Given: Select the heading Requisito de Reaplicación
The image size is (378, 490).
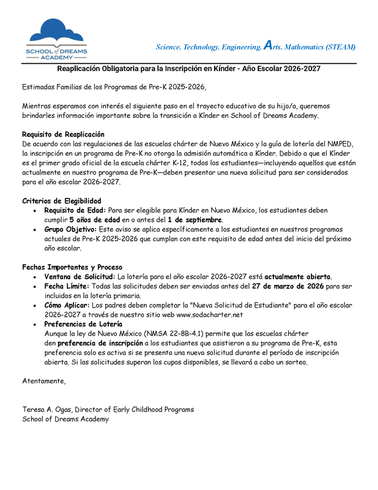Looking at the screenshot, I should coord(63,134).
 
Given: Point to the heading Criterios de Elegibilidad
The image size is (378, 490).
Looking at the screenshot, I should coord(62,201).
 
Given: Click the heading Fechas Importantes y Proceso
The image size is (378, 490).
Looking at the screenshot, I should coord(72,267).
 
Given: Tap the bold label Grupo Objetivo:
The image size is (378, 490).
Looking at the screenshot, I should coord(71,229).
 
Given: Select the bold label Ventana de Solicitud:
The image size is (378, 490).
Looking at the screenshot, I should coord(80,277).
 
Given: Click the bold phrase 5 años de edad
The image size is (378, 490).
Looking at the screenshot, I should coord(95,219).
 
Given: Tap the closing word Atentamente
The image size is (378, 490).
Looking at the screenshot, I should coord(43,381).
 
